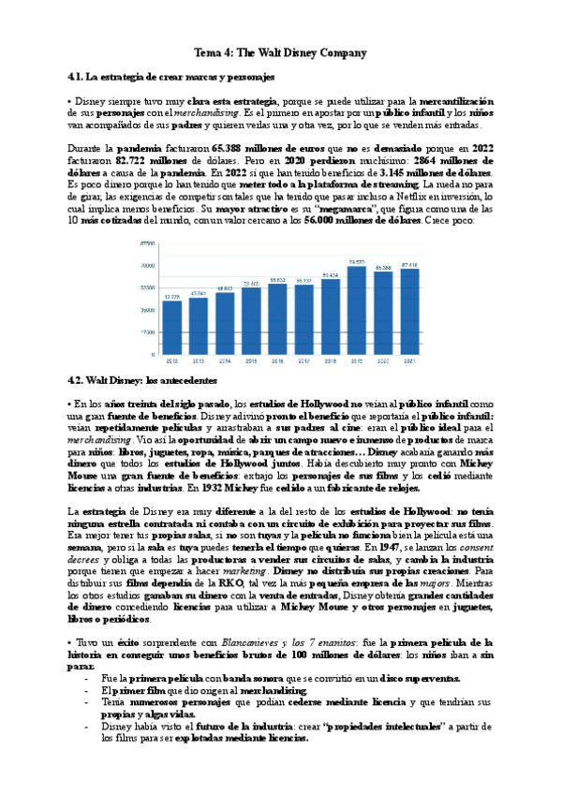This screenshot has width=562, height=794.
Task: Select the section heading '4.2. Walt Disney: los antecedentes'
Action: (142, 381)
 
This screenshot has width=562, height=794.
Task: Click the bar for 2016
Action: (277, 320)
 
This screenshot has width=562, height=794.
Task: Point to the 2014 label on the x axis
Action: (225, 361)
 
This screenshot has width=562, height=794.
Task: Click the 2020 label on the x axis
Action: (382, 361)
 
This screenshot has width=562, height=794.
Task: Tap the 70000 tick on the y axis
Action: (147, 266)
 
